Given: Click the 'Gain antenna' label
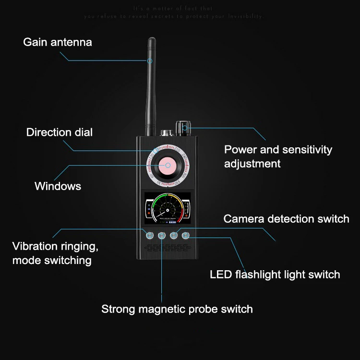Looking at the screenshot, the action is (x=57, y=42).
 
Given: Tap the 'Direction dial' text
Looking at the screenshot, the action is (x=59, y=132).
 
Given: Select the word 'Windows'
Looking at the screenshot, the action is (x=58, y=186).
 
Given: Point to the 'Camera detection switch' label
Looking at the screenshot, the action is (x=286, y=219).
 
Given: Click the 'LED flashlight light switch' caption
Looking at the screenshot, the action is (x=275, y=275).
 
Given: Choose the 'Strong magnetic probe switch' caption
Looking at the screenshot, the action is (x=177, y=309).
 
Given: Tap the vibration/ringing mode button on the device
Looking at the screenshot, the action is (x=150, y=235).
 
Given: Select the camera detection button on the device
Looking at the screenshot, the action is (x=174, y=235).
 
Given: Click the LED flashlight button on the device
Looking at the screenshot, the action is (x=186, y=235).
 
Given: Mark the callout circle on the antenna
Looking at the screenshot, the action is (x=150, y=61).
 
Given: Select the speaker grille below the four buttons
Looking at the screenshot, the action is (x=167, y=248).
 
